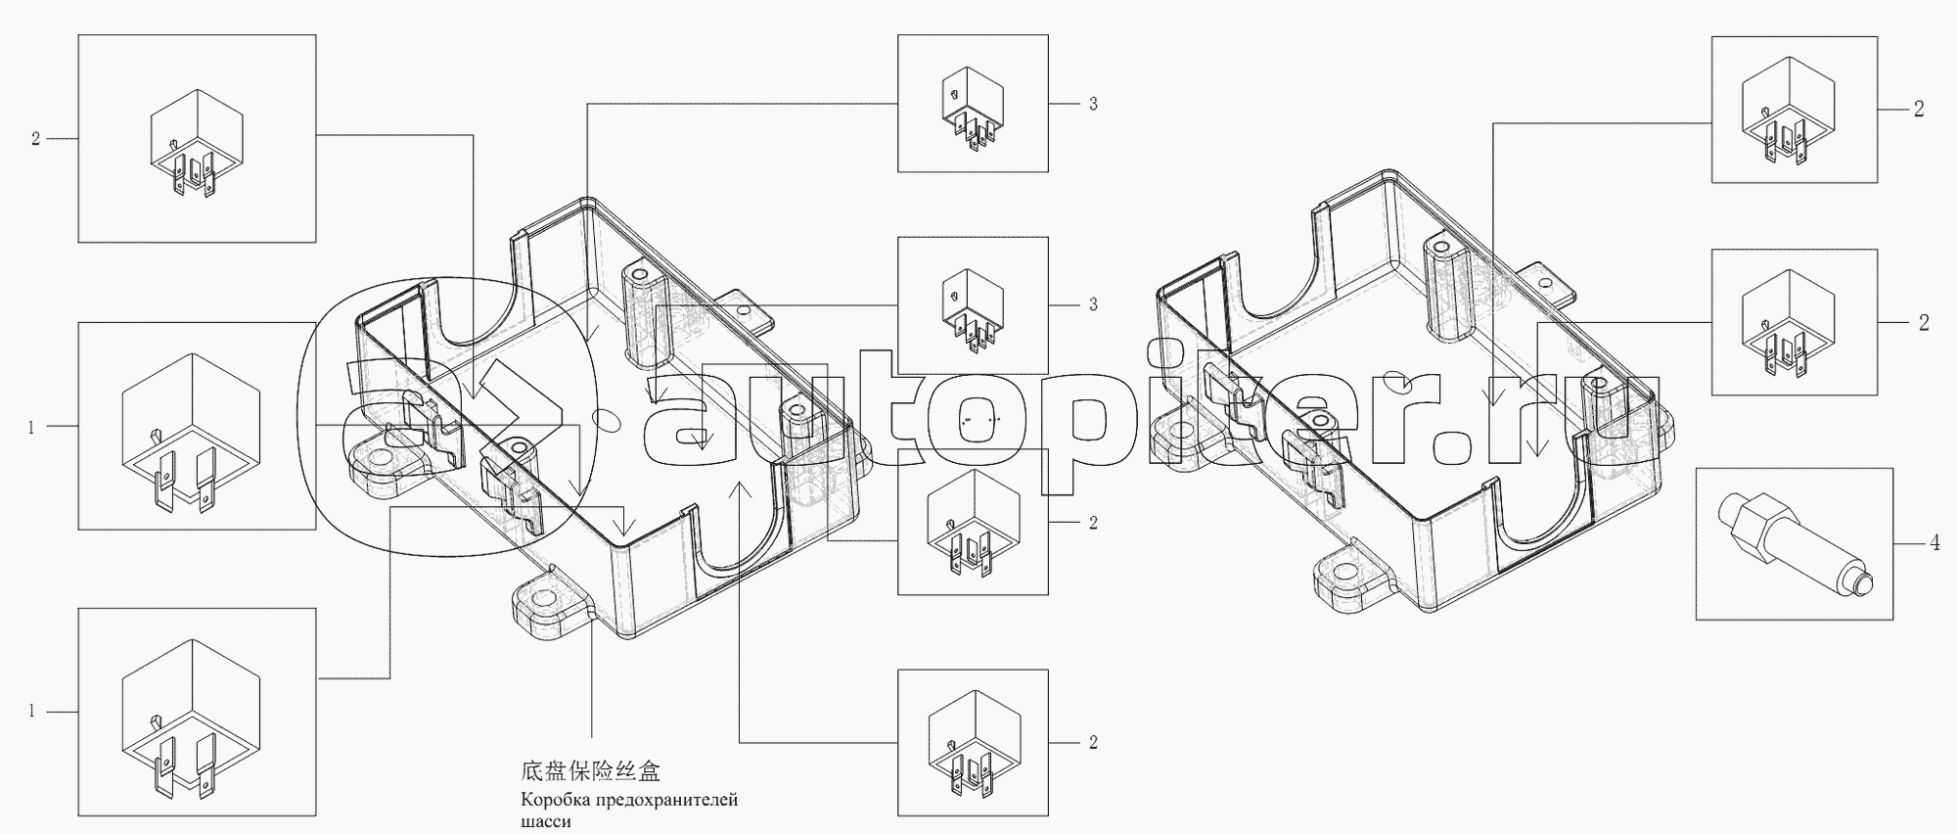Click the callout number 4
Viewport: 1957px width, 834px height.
coord(1934,542)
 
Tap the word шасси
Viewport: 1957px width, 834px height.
coord(545,822)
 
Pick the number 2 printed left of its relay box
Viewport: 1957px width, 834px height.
coord(35,139)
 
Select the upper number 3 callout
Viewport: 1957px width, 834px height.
coord(1093,104)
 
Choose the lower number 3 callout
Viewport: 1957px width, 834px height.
coord(1093,304)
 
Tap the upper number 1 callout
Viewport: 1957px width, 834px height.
coord(31,427)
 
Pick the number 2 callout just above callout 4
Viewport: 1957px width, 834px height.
coord(1923,322)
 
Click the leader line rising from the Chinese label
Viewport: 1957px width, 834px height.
coord(592,685)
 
